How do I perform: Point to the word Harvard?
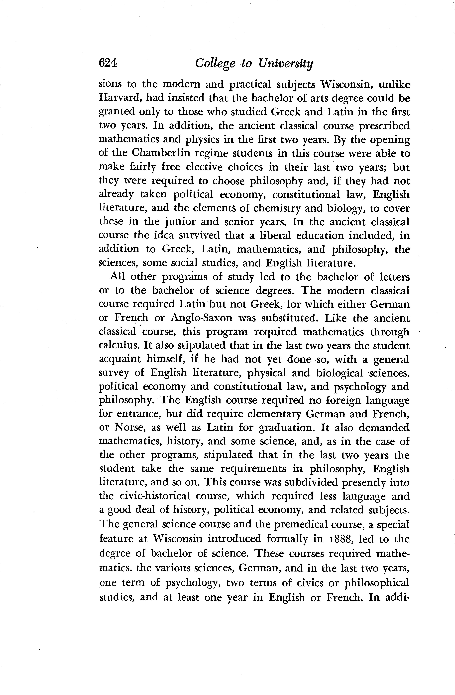pos(119,98)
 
